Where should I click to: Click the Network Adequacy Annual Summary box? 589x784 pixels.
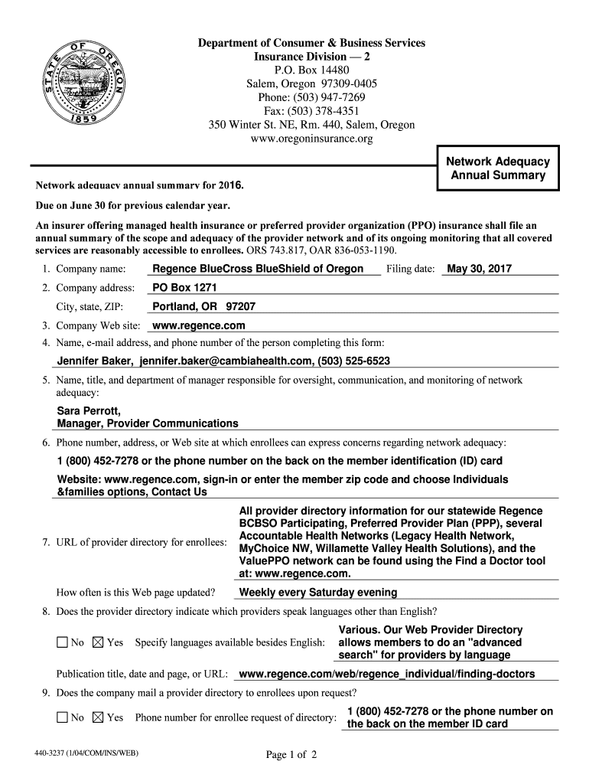[x=498, y=168]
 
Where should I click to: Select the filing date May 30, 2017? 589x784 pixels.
[x=480, y=269]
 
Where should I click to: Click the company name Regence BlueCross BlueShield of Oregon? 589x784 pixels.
[x=258, y=269]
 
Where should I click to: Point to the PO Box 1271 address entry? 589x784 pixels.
[x=185, y=287]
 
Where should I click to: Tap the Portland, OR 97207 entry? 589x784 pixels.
[x=203, y=306]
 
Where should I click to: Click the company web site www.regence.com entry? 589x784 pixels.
[x=198, y=325]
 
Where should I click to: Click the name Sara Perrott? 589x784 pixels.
[x=89, y=411]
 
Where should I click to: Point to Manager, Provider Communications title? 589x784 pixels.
[x=147, y=423]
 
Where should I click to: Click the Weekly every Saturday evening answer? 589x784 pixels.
[x=317, y=592]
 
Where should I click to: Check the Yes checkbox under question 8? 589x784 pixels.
[x=97, y=642]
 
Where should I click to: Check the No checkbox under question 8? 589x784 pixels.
[x=62, y=642]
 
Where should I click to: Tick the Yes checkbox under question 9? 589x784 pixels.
[x=97, y=717]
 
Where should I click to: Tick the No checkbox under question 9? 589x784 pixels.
[x=62, y=717]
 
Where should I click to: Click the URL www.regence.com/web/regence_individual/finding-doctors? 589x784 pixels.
[x=386, y=674]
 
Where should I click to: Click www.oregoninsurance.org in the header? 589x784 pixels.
[x=311, y=139]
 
